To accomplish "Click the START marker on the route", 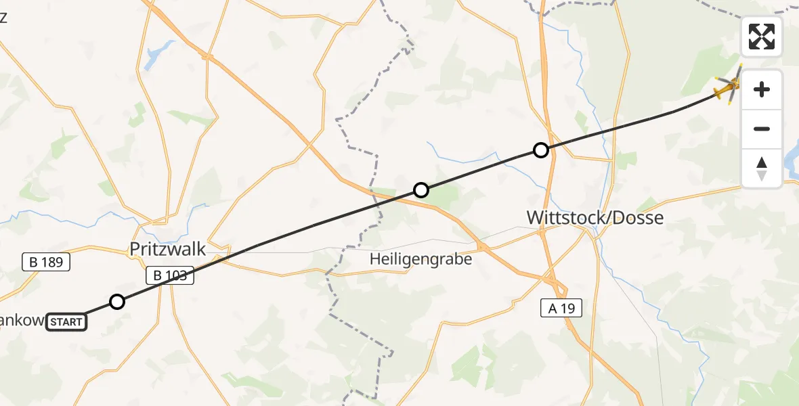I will [67, 321].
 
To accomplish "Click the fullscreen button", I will [762, 37].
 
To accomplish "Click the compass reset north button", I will [762, 168].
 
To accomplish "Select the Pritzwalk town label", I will [167, 249].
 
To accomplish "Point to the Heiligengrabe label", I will [420, 258].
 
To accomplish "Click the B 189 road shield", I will [46, 262].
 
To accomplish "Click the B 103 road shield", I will [171, 275].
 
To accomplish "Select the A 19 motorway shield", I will [561, 309].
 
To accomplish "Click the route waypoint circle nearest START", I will [117, 302].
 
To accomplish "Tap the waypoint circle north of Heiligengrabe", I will [421, 190].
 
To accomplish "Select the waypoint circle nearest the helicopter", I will [540, 150].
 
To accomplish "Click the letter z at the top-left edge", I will [3, 18].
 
